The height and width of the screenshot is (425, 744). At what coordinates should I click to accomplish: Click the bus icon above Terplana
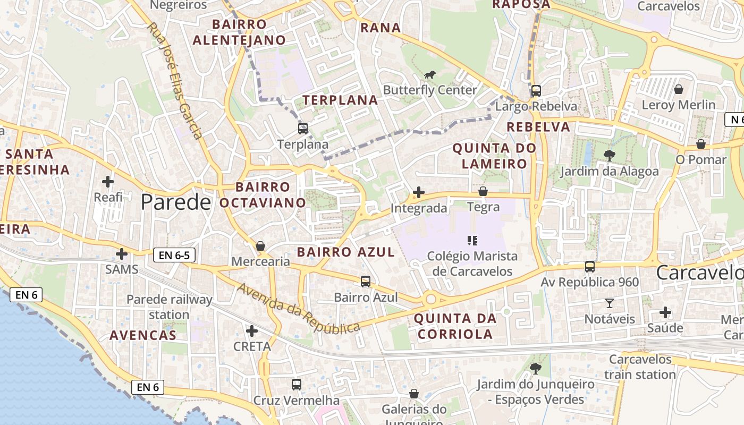(303, 128)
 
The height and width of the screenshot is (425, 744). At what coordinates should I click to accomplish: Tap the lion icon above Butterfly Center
(430, 74)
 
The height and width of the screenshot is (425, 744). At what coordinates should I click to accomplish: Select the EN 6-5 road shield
(174, 255)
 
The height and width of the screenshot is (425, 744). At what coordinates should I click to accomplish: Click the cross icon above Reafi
(108, 182)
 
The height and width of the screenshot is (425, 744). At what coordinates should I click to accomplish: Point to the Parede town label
(176, 202)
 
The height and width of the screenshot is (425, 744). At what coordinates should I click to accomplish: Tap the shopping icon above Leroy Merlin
(678, 89)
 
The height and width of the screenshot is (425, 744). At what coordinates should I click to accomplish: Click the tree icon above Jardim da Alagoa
(609, 156)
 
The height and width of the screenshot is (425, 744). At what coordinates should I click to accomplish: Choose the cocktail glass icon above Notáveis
(609, 303)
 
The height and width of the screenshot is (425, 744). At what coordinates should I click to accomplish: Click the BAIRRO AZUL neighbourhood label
(345, 252)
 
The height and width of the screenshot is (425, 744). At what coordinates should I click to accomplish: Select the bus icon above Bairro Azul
(366, 282)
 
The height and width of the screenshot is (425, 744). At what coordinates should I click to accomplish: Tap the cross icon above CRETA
(252, 331)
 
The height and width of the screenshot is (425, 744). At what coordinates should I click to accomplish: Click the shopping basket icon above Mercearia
(260, 246)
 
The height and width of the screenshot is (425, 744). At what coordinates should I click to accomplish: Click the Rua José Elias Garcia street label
(175, 81)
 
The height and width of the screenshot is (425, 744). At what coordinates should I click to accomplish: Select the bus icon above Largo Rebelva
(536, 91)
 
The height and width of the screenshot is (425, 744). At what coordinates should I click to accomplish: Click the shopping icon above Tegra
(483, 191)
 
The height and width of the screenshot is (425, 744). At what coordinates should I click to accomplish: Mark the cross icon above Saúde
(665, 312)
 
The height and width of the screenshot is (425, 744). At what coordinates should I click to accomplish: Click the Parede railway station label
(169, 307)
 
